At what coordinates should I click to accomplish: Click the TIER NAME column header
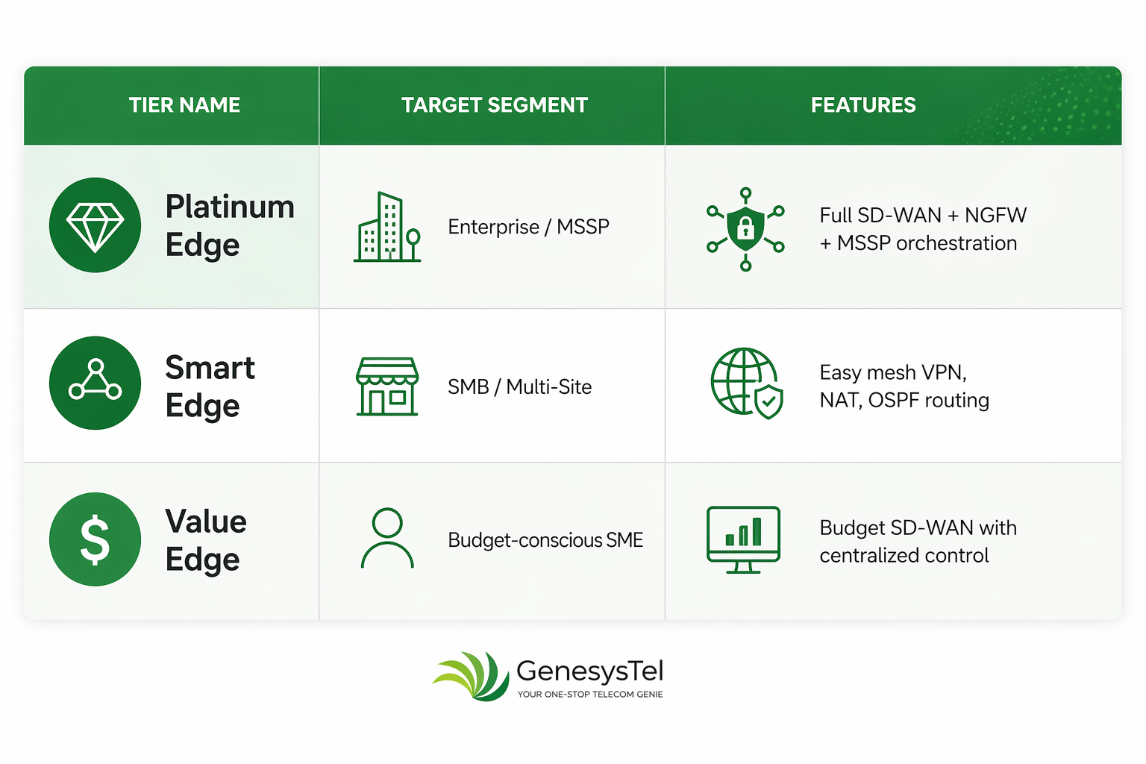click(184, 105)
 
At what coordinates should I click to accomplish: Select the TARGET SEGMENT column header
click(494, 105)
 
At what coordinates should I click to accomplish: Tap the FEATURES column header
click(863, 105)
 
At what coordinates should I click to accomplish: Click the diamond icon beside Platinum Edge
click(95, 225)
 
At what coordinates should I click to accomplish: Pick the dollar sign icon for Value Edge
click(95, 539)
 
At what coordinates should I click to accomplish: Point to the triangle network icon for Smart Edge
click(95, 383)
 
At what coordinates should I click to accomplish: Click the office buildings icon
click(387, 227)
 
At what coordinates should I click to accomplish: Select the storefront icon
click(387, 386)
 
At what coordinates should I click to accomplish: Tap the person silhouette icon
click(387, 538)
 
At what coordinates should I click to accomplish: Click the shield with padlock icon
click(745, 229)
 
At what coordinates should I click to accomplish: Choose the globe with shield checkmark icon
click(746, 383)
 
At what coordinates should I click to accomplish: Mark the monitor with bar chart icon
click(743, 540)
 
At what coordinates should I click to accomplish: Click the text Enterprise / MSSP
click(528, 227)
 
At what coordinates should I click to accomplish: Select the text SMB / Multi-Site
click(520, 387)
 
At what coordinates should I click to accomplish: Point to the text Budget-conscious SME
click(545, 540)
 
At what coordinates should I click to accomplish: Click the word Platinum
click(230, 207)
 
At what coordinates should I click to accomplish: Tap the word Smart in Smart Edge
click(210, 367)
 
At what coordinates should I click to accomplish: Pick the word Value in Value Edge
click(206, 522)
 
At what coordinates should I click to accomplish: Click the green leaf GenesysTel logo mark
click(472, 676)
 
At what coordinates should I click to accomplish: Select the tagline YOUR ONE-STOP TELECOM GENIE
click(590, 695)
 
